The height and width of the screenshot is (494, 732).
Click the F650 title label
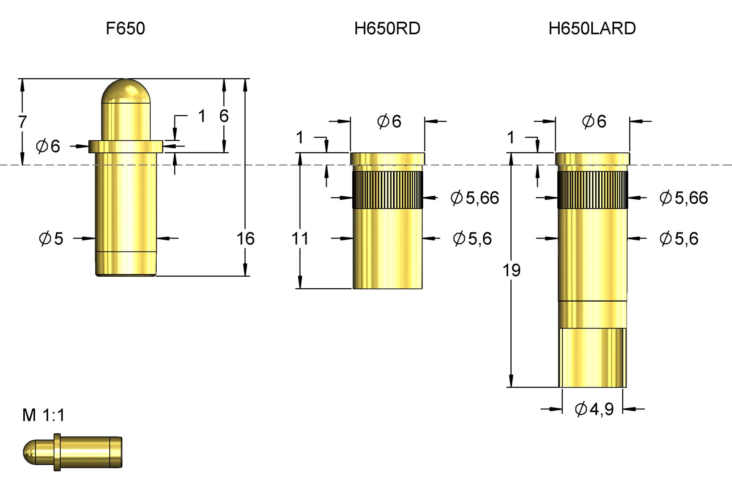coord(125,29)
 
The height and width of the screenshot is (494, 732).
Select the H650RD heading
coord(387,29)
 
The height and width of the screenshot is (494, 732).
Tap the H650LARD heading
coord(592,29)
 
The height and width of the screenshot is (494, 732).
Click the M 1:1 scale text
coord(43,415)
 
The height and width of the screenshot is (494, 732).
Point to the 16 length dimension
coord(245,239)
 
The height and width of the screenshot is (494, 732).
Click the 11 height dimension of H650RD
coord(300,239)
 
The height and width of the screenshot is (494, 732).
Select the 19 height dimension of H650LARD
coord(511,270)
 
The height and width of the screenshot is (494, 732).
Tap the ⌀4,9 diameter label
coord(594,409)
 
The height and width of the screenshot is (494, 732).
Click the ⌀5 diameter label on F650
coord(51,239)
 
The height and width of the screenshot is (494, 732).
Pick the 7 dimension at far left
coord(22,122)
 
